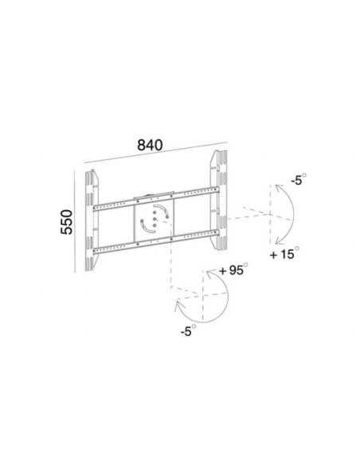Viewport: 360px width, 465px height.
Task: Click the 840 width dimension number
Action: coord(150,145)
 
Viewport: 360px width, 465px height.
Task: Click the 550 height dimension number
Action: coord(67,222)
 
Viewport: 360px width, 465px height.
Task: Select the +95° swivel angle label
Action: coord(233,270)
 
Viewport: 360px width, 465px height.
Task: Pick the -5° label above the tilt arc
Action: coord(299,180)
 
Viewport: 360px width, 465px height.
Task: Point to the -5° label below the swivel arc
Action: coord(188,330)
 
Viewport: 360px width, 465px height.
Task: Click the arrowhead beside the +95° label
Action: coord(210,274)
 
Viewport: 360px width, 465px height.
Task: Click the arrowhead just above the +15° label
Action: coord(280,240)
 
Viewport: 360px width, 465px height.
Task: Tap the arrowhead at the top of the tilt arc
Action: coord(280,188)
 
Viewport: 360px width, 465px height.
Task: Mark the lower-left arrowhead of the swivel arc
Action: coord(179,306)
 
